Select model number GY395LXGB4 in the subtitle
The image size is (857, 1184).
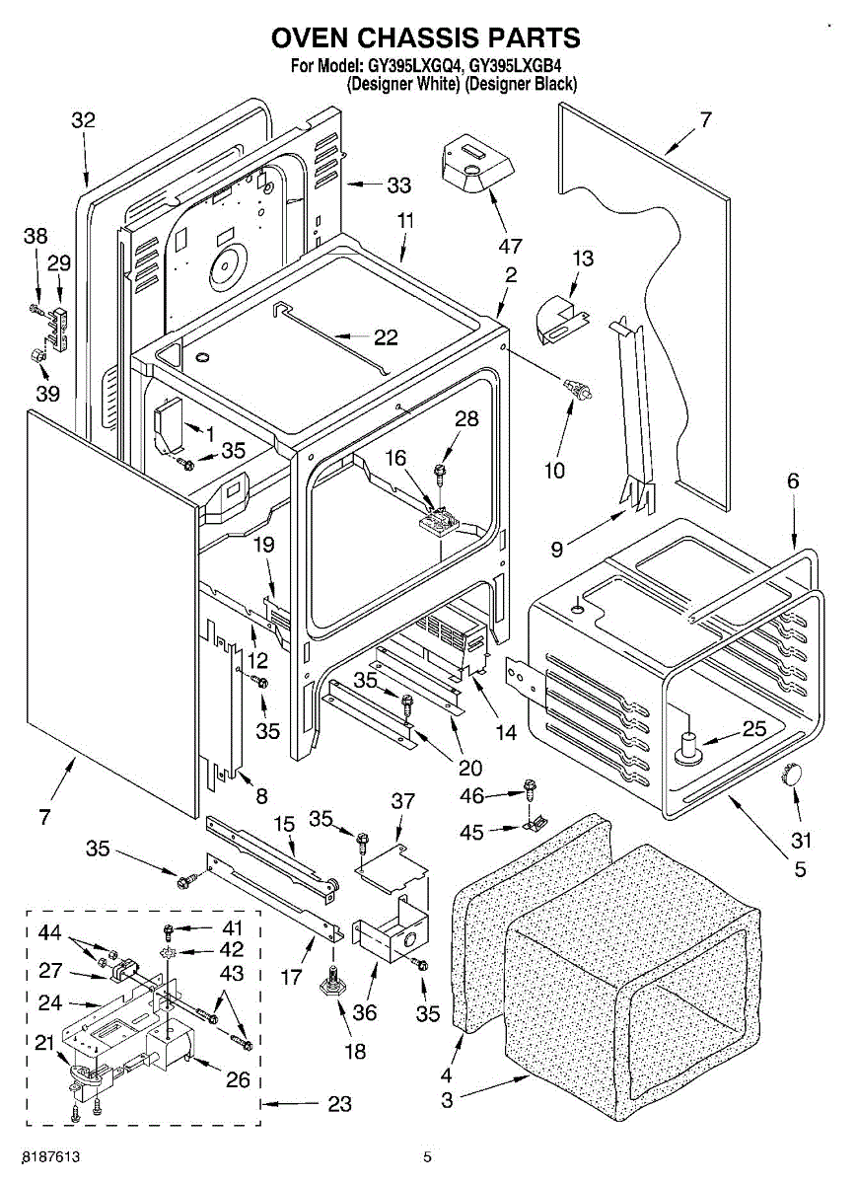(x=523, y=67)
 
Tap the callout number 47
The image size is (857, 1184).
(x=510, y=246)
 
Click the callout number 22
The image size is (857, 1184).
(x=386, y=337)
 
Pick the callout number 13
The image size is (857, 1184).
(x=584, y=259)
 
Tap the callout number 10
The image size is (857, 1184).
(x=554, y=470)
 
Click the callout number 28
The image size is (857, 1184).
(x=466, y=418)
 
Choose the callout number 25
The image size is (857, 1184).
(x=753, y=730)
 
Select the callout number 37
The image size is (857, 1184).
(x=403, y=800)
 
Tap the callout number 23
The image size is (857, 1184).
(x=338, y=1105)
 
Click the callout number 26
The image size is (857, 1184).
(x=238, y=1079)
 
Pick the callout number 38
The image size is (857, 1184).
(x=36, y=237)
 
